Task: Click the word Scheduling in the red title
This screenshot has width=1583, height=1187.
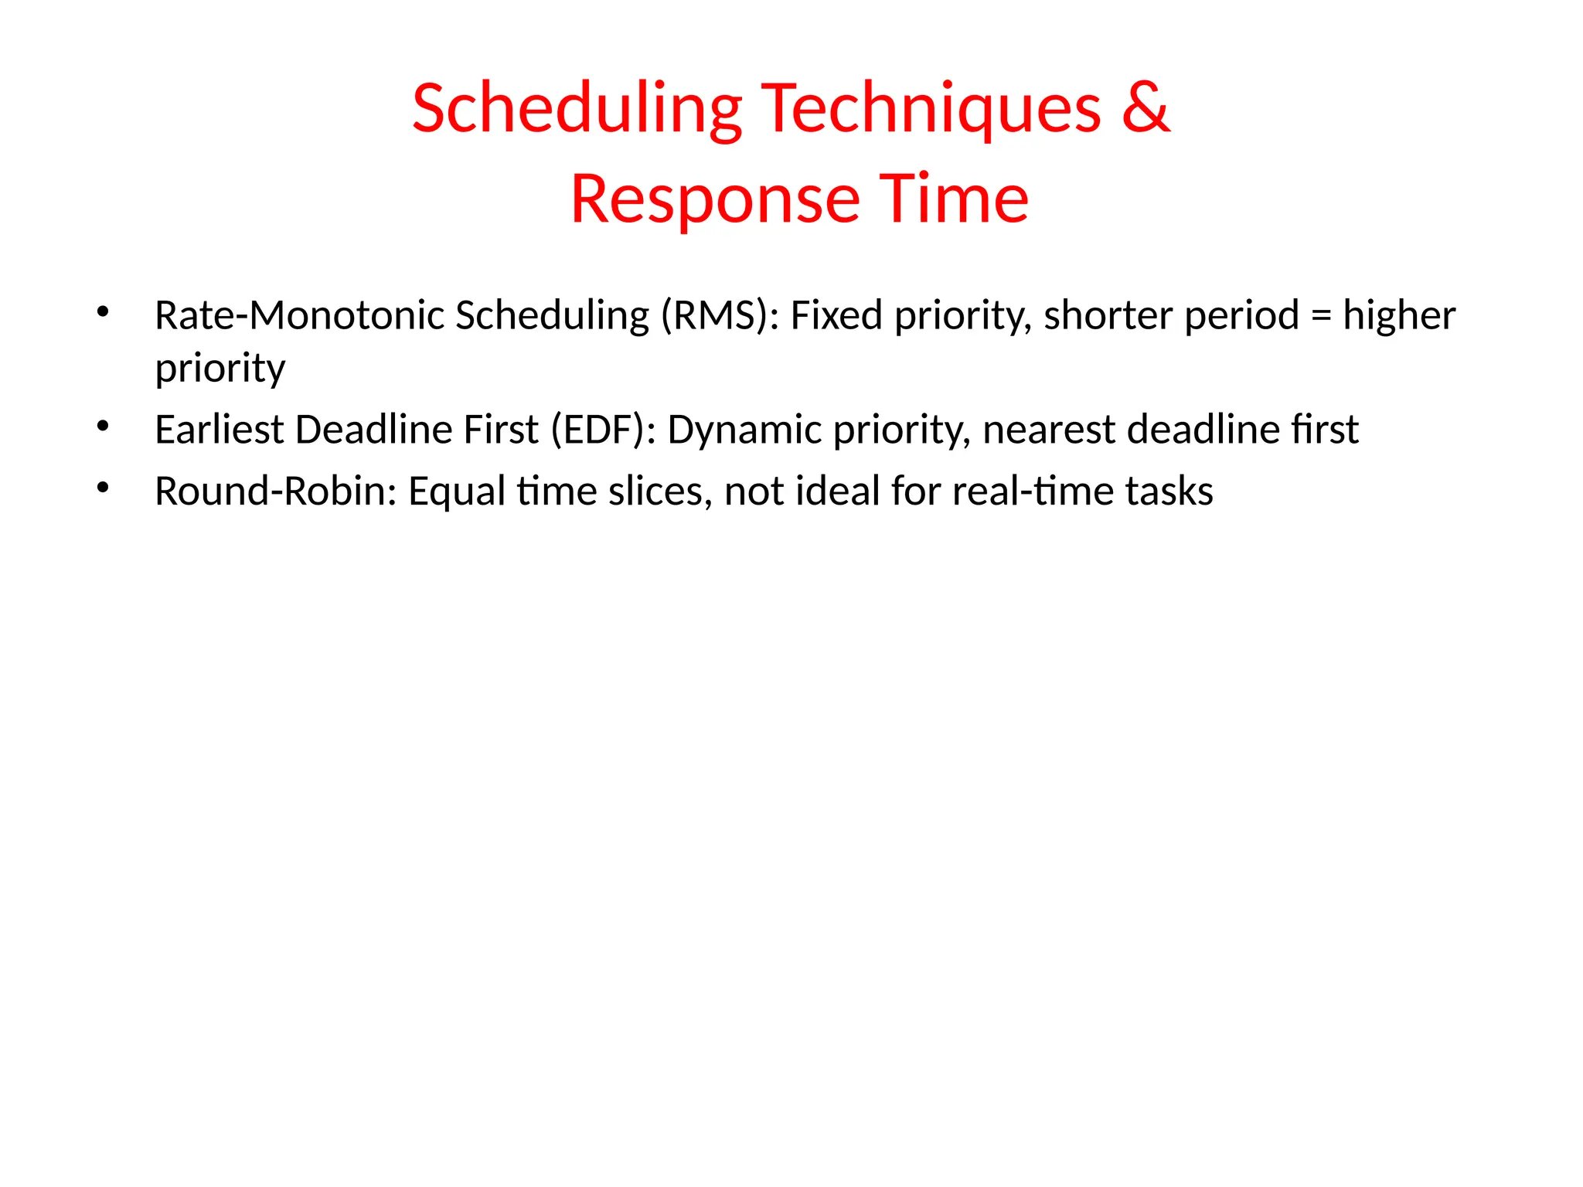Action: (x=577, y=109)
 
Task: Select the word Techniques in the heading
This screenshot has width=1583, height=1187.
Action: (x=931, y=109)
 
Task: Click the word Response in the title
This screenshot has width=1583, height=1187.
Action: (x=715, y=199)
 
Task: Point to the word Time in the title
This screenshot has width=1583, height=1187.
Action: (x=954, y=199)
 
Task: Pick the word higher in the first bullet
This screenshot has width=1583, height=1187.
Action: (x=1399, y=315)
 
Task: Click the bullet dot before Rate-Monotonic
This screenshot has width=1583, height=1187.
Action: (x=103, y=312)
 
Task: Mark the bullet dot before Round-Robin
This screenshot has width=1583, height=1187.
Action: (x=103, y=488)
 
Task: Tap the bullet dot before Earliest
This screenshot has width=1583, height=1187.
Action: (x=103, y=427)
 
